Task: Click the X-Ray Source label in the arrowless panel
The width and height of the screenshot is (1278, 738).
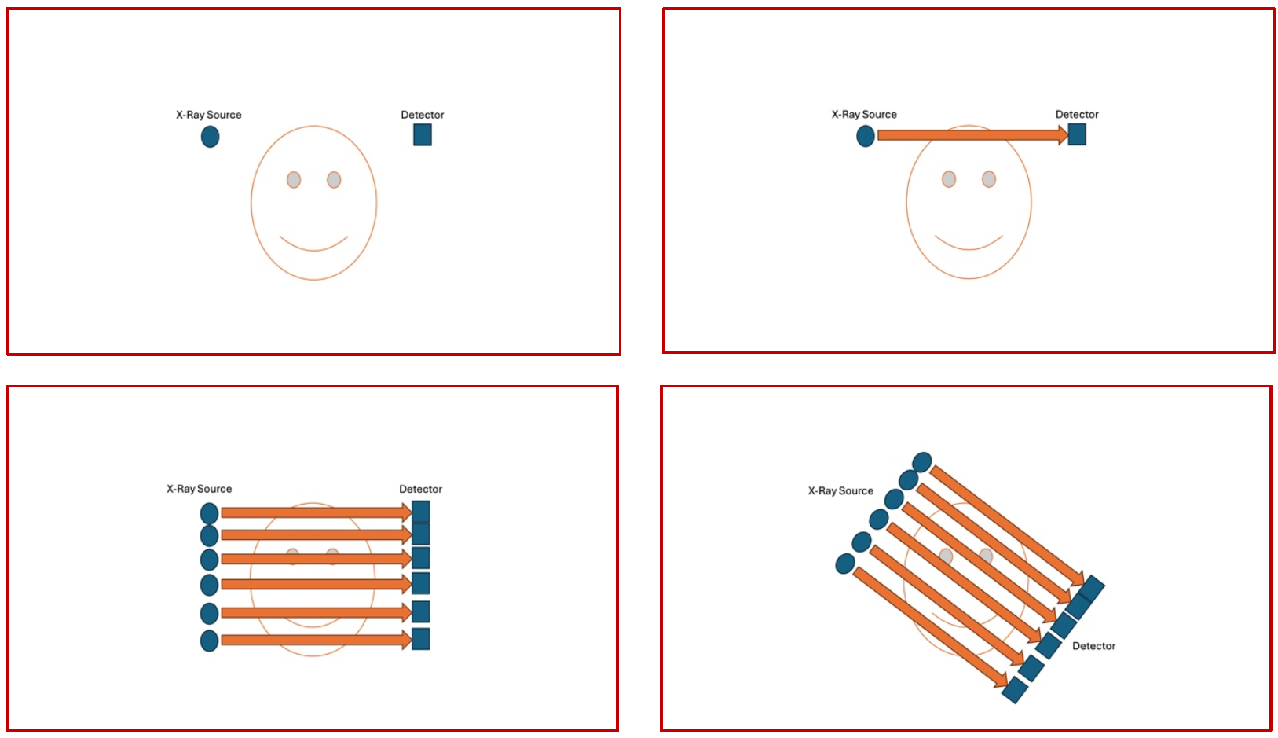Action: click(x=208, y=115)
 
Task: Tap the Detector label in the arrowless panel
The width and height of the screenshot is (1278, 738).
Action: click(x=422, y=115)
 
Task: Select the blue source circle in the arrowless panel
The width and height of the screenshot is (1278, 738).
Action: click(x=210, y=137)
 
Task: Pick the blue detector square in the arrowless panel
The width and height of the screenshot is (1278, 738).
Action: click(x=422, y=134)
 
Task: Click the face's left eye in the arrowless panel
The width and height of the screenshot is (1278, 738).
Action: click(x=294, y=180)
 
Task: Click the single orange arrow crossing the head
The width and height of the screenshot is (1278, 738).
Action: click(x=972, y=135)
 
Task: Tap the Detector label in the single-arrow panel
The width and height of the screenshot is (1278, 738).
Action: click(x=1077, y=114)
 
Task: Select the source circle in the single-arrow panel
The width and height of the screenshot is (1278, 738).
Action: click(x=866, y=137)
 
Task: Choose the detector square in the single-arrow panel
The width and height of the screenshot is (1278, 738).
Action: click(x=1077, y=134)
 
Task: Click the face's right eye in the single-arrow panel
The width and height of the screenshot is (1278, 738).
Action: click(x=989, y=179)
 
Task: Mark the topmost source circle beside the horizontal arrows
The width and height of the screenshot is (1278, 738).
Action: click(x=210, y=514)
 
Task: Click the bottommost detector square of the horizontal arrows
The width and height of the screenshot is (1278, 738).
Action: click(x=420, y=639)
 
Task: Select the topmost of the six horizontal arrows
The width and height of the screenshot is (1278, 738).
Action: click(x=317, y=512)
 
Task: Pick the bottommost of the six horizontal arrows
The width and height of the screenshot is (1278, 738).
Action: click(x=317, y=640)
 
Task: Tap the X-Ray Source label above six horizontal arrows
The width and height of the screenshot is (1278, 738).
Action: click(x=199, y=489)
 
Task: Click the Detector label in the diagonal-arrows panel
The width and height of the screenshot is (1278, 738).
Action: click(x=1093, y=645)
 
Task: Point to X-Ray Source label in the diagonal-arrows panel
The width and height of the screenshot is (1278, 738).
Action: click(x=840, y=490)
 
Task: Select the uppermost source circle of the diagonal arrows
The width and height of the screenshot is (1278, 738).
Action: click(x=922, y=462)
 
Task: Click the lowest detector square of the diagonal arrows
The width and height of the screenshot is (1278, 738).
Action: click(x=1015, y=689)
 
